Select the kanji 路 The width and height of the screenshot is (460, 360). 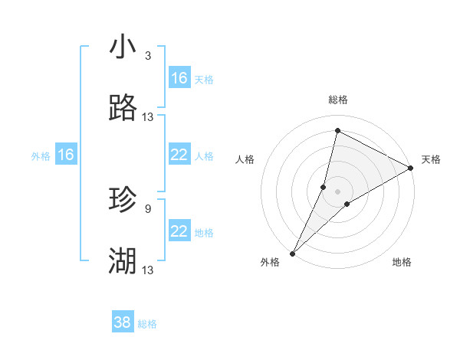(x=123, y=109)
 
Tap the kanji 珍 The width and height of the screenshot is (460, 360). (x=123, y=200)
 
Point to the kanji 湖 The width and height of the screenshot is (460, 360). (x=123, y=261)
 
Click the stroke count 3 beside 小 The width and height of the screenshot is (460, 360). (x=148, y=56)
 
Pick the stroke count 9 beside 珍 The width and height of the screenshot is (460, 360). (x=148, y=208)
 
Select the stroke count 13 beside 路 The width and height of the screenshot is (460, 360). (x=148, y=117)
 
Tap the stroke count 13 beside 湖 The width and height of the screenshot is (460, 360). (x=148, y=270)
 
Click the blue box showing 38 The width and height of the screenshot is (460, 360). (x=123, y=322)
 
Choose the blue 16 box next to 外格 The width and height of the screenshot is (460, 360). (x=66, y=155)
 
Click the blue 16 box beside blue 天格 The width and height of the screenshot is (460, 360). (x=179, y=78)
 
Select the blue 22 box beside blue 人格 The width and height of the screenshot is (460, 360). (x=179, y=155)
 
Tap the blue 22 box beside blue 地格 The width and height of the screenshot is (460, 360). (x=179, y=231)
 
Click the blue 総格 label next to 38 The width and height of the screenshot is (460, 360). (x=147, y=324)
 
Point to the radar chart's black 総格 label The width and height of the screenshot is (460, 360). (x=337, y=100)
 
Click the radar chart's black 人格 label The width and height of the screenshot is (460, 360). (x=245, y=159)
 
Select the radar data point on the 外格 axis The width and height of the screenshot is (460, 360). (x=292, y=253)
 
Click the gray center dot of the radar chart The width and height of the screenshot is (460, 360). (x=337, y=191)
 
